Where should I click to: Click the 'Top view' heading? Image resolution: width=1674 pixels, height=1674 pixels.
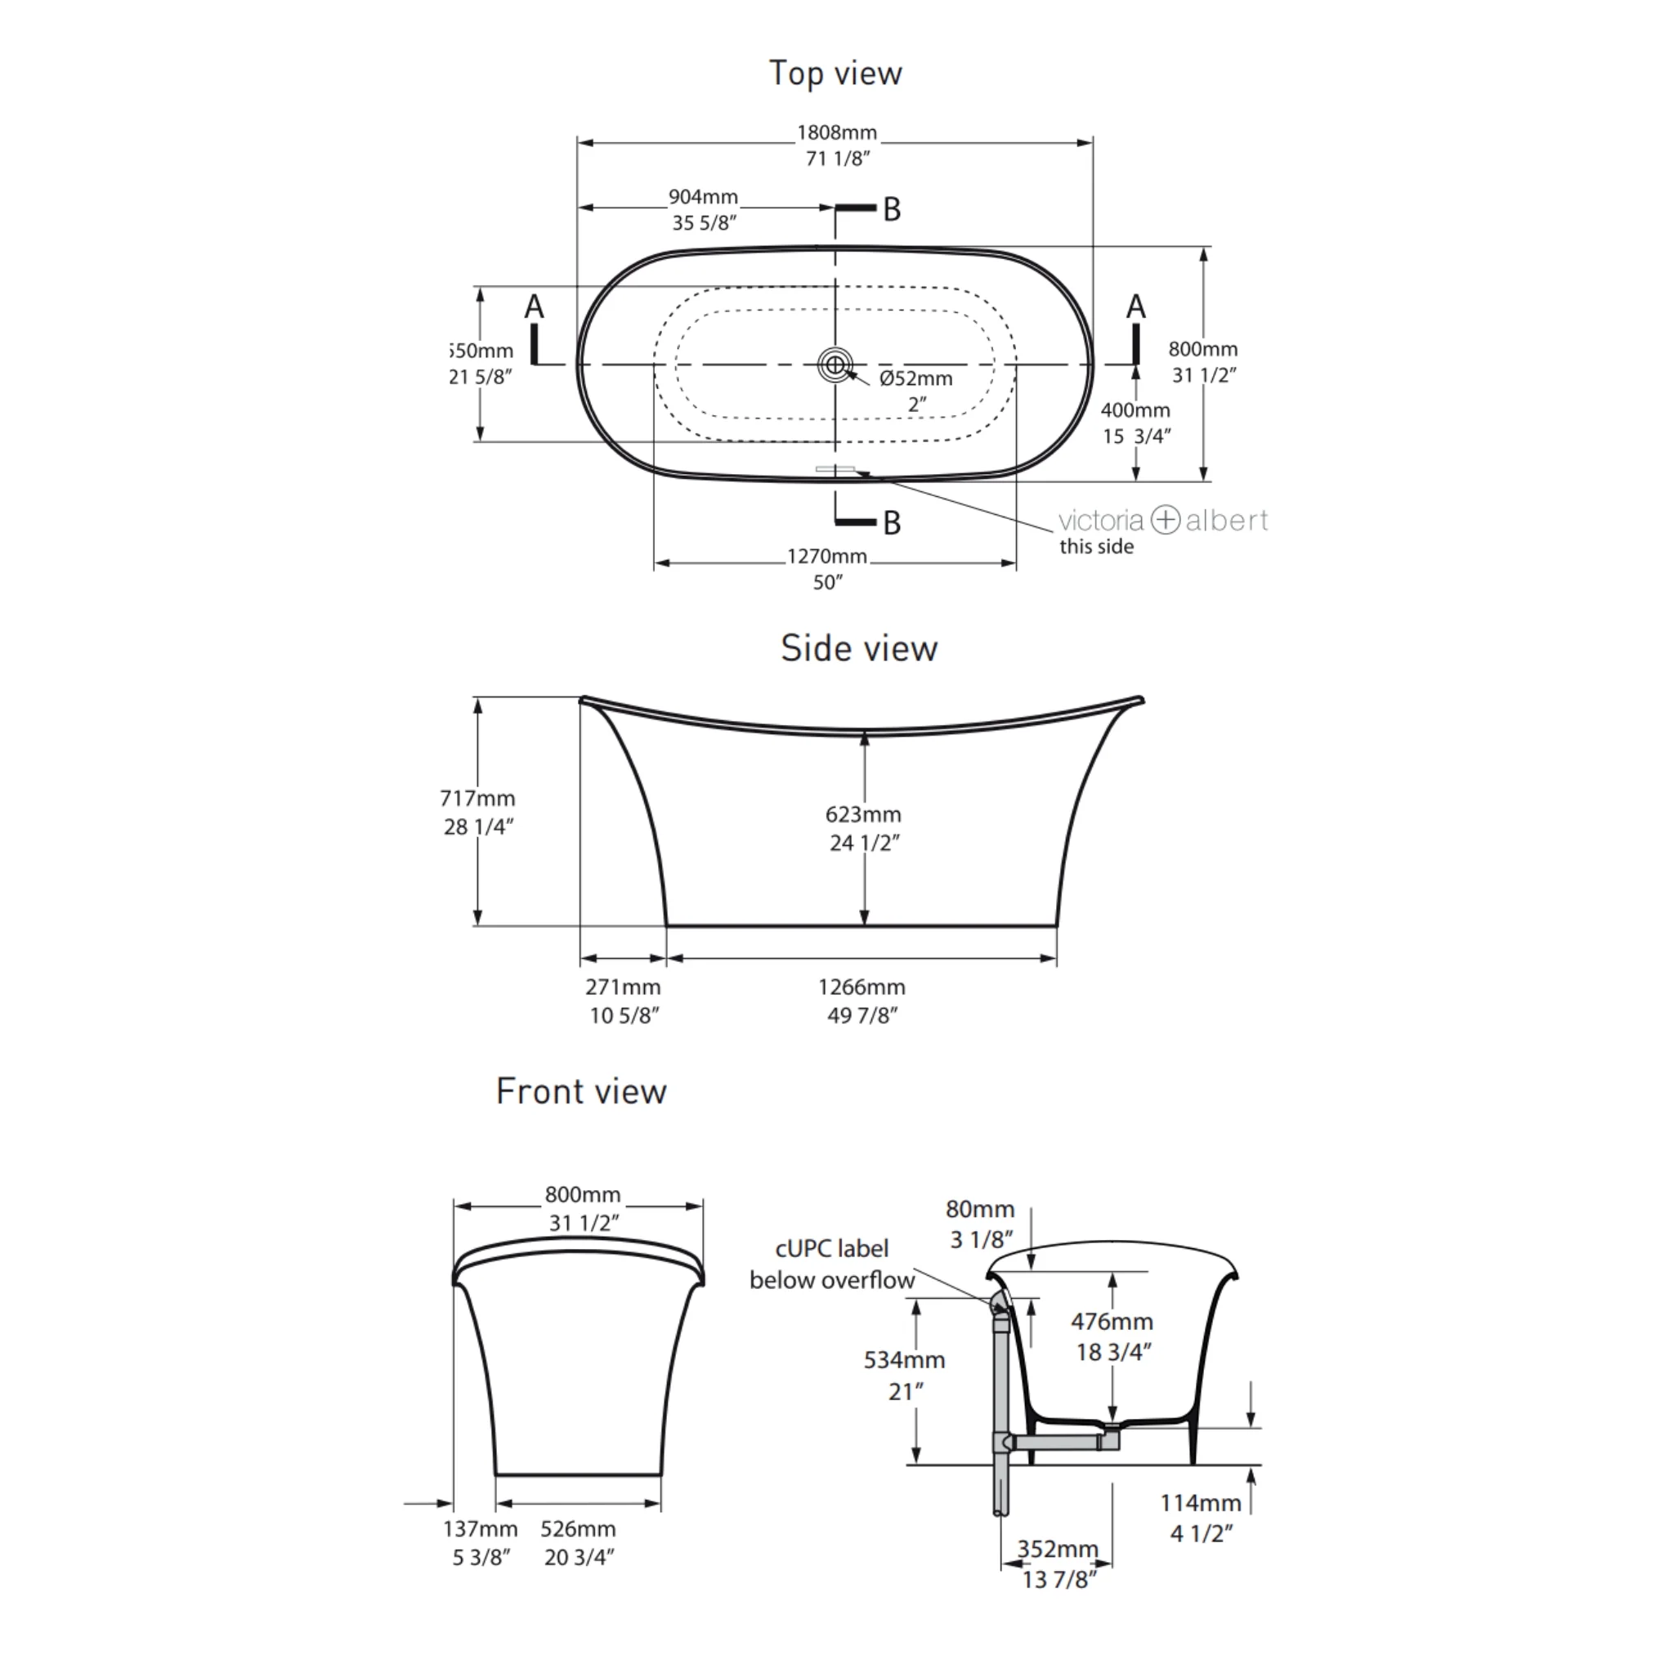(x=835, y=74)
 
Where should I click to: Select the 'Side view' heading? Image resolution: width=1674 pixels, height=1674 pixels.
(x=859, y=648)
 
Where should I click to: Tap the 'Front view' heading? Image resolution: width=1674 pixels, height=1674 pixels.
(x=581, y=1091)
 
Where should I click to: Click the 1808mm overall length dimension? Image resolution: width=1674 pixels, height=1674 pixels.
(x=837, y=132)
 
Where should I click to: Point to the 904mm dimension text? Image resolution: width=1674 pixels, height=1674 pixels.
(x=703, y=197)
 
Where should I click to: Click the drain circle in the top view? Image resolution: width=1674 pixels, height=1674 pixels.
(x=835, y=365)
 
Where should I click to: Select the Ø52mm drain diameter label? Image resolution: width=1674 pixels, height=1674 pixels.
(x=915, y=378)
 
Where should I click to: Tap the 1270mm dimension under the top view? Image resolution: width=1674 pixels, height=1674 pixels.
(x=826, y=557)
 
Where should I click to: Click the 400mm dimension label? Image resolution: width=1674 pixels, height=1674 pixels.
(x=1135, y=410)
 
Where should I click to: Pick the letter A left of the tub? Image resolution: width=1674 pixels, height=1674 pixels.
(x=535, y=307)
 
